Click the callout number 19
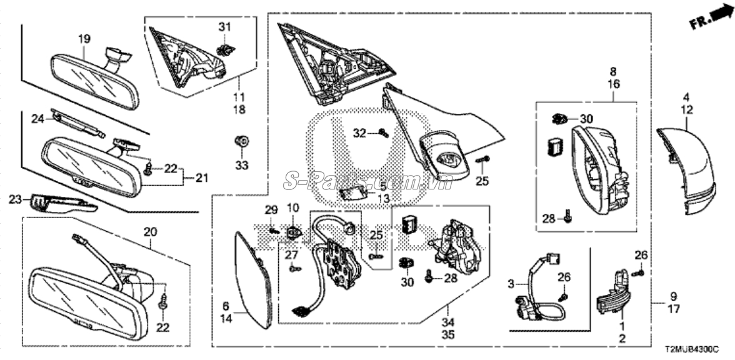coord(84,39)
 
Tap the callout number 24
coord(37,118)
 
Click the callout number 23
coord(15,200)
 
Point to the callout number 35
coord(448,335)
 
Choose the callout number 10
coord(293,207)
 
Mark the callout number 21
coord(200,179)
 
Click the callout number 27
coord(291,254)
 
